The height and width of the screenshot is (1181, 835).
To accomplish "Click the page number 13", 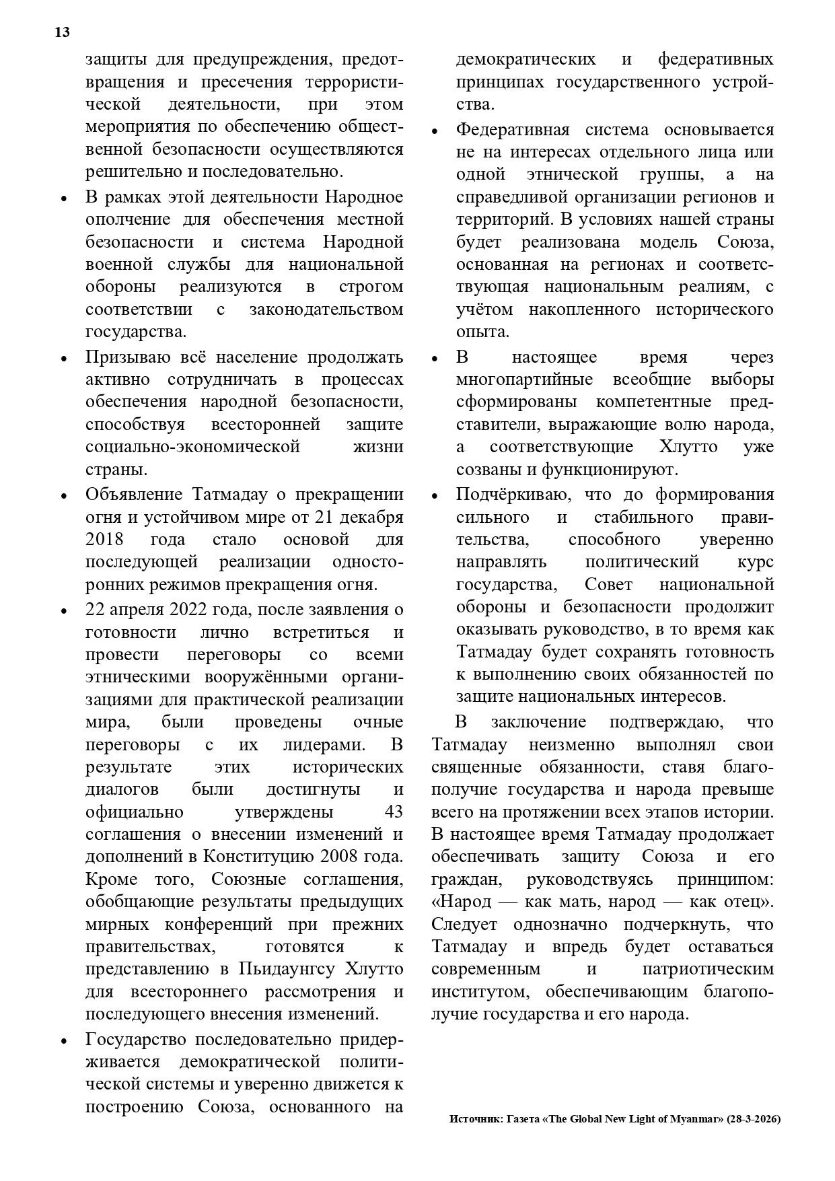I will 62,33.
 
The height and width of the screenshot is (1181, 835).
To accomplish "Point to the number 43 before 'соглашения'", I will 393,812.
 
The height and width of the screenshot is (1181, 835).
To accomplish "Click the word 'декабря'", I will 376,517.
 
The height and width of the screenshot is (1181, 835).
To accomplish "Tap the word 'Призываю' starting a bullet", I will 126,357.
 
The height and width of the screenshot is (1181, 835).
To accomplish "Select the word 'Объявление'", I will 135,495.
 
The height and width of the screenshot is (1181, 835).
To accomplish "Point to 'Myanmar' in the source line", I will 693,1119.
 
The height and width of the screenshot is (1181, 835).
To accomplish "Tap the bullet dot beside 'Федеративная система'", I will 435,131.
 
